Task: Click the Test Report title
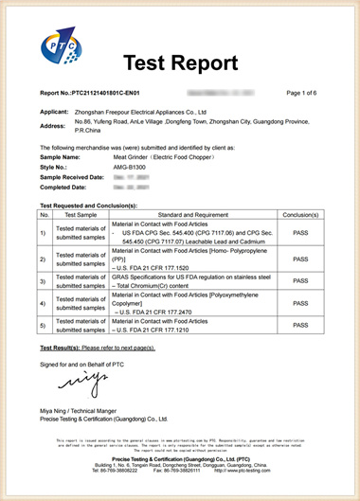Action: (180, 63)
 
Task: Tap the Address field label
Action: (54, 125)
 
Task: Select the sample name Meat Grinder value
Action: (123, 156)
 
